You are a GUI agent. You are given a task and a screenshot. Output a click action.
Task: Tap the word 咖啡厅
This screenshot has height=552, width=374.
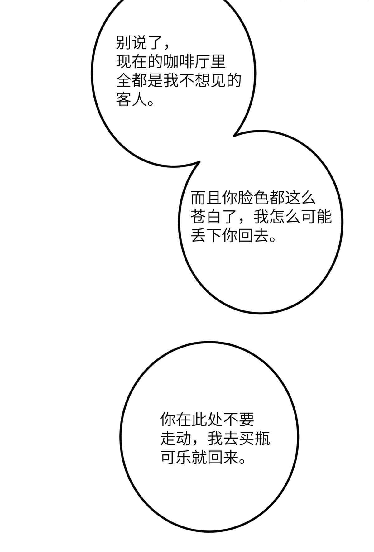[186, 61]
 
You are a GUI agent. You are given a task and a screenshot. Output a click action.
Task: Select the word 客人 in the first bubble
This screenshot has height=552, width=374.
[132, 99]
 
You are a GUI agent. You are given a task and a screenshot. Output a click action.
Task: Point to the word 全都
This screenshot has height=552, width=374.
[132, 80]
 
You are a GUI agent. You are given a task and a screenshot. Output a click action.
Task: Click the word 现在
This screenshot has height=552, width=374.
[132, 61]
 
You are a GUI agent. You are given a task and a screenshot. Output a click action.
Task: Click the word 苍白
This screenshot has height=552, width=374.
[206, 217]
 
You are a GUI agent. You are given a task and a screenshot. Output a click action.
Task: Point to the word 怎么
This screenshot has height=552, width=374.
[285, 217]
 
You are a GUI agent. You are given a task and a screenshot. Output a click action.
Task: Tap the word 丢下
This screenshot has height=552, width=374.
[206, 236]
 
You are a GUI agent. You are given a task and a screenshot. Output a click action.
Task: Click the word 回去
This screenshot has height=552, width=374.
[253, 236]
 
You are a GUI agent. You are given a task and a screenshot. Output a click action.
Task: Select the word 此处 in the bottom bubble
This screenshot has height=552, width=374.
[207, 420]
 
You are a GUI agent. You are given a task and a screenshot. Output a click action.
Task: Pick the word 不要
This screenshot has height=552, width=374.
[239, 420]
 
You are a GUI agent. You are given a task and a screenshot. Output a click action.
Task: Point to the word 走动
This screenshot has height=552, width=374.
[176, 439]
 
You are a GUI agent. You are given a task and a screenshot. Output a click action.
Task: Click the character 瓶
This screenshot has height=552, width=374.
[262, 439]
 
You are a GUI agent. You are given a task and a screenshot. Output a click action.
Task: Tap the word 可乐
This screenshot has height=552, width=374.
[176, 458]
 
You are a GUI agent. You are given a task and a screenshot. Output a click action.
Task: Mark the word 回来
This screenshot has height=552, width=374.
[223, 458]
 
